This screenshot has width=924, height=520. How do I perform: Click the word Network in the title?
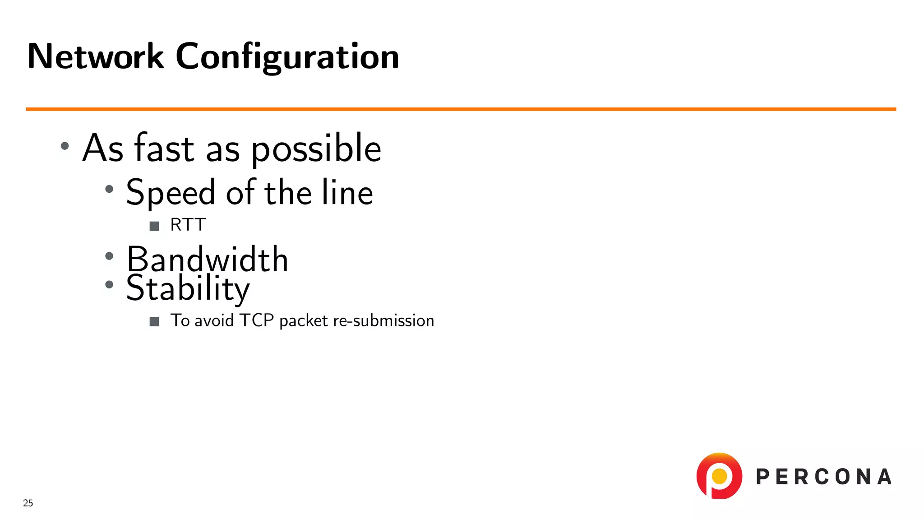coord(95,56)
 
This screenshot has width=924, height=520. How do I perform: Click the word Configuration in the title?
coord(287,57)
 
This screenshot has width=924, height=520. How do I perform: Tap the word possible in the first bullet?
coord(316,149)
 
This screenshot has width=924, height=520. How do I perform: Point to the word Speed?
coord(171,193)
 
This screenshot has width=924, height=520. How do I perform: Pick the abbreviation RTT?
coord(188,225)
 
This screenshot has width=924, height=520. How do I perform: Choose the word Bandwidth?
coord(207,260)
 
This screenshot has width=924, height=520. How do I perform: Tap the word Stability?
coord(188,288)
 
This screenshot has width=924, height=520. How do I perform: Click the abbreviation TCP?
coord(257,320)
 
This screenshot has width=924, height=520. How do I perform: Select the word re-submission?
coord(383,320)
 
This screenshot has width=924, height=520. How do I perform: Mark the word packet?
coord(303,321)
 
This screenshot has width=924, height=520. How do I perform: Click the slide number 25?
coord(28,503)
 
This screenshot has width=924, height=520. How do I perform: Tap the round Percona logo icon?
coord(719,476)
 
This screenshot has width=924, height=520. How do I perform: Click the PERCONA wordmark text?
coord(823,477)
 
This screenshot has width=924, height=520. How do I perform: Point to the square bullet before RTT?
coord(154,226)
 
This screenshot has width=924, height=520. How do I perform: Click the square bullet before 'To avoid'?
coord(154,321)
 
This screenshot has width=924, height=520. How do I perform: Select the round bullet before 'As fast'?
coord(65,146)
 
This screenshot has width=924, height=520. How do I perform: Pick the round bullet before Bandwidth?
coord(109,256)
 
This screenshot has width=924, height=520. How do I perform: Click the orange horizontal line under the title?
coord(460,109)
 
